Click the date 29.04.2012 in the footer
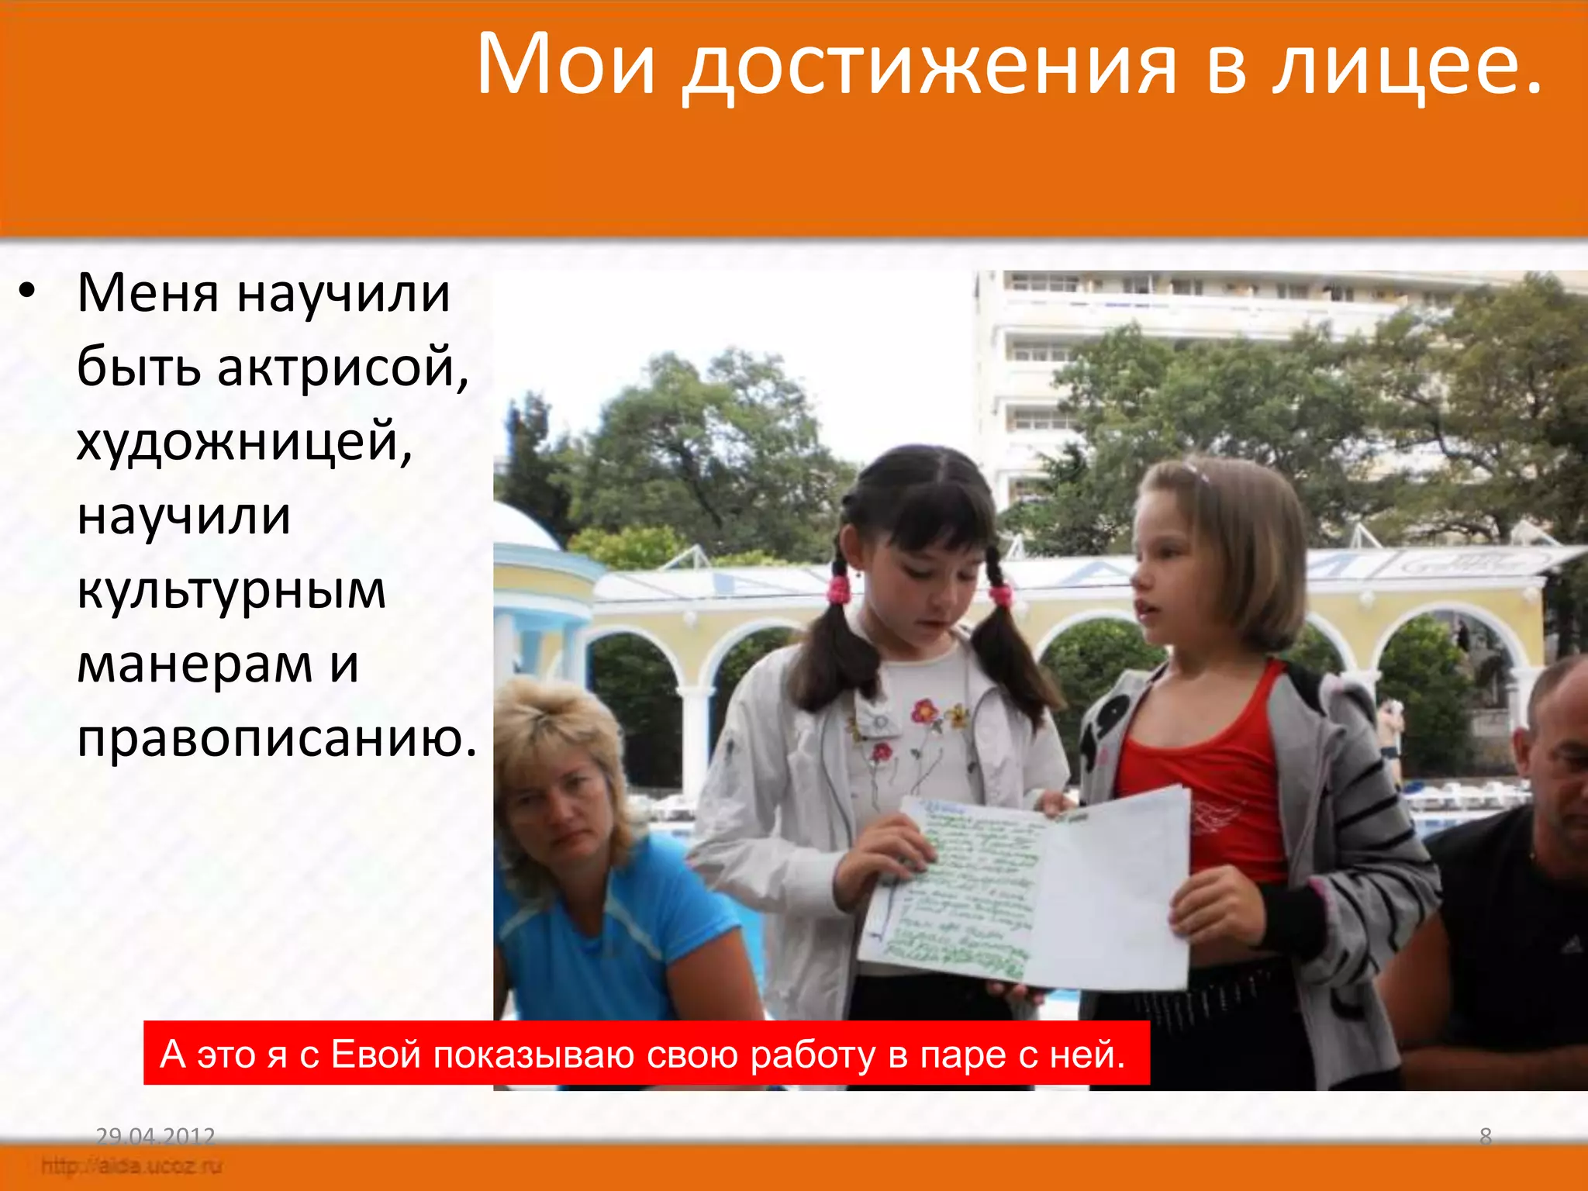155,1137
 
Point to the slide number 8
1485,1137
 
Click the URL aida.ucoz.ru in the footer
132,1165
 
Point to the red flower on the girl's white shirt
924,709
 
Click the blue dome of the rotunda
520,527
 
